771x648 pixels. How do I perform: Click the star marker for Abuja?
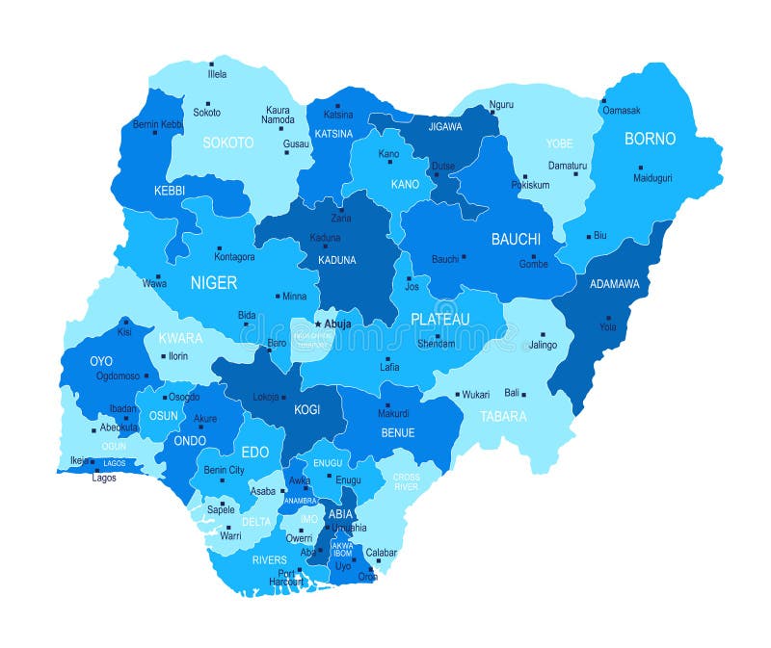coord(318,324)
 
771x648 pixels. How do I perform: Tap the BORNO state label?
coord(650,139)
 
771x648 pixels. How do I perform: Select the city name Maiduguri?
coord(652,178)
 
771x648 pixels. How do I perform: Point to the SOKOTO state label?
coord(228,143)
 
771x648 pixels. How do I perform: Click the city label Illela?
coord(217,74)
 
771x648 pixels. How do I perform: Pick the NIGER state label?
coord(213,282)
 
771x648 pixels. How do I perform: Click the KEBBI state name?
coord(170,192)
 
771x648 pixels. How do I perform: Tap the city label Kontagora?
coord(234,257)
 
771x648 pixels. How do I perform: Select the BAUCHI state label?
coord(516,238)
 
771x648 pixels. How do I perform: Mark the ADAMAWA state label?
coord(607,284)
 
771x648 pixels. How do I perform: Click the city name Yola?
coord(607,326)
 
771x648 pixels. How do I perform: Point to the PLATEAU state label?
coord(439,319)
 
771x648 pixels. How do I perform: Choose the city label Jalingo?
coord(542,345)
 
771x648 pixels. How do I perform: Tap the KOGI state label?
coord(306,409)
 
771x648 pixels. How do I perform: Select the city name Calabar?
coord(382,553)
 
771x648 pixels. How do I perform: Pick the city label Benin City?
coord(224,470)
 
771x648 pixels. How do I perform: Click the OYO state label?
coord(101,361)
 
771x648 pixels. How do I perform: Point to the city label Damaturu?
coord(567,166)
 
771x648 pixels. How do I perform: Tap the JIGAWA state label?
coord(445,126)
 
